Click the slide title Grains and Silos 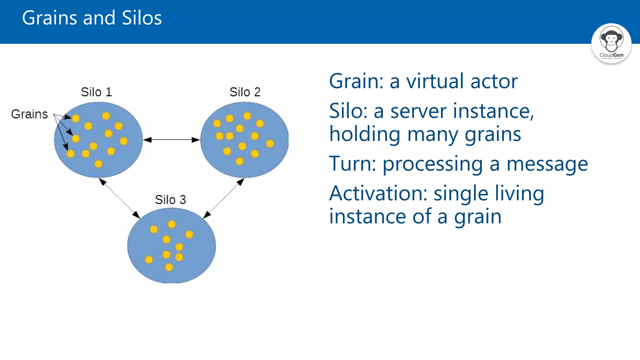pos(92,18)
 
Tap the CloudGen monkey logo pos(611,43)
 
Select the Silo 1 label pos(96,92)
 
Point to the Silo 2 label pos(245,92)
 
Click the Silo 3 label pos(170,200)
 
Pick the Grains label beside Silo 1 pos(29,114)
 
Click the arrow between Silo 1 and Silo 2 pos(171,140)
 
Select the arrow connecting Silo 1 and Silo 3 pos(119,198)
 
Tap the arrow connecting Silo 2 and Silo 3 pos(224,198)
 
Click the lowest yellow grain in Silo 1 pos(98,164)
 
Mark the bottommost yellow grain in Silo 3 pos(169,267)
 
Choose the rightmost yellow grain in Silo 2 pos(270,143)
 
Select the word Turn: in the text pos(352,164)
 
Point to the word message pos(547,164)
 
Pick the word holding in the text pos(364,134)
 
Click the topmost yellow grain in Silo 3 pos(172,224)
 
